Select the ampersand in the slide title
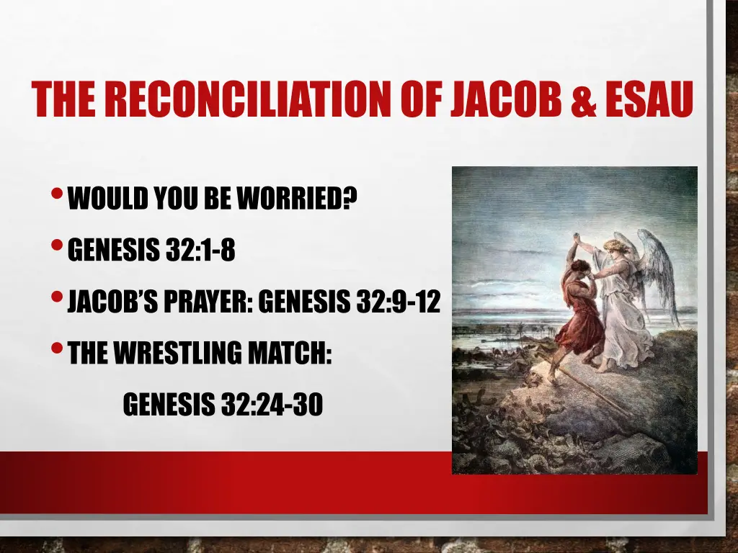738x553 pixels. point(582,100)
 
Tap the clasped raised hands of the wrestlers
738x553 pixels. point(577,238)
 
